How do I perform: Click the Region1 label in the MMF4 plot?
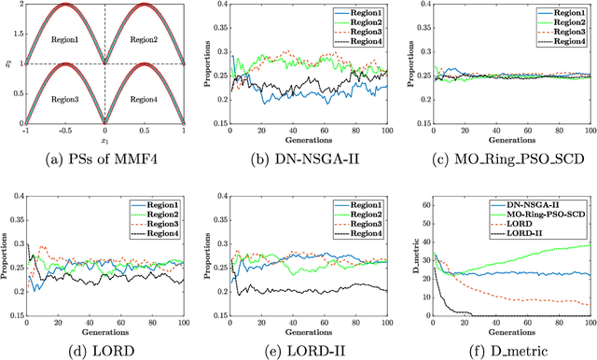point(57,41)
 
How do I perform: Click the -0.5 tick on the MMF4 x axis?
point(57,132)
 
